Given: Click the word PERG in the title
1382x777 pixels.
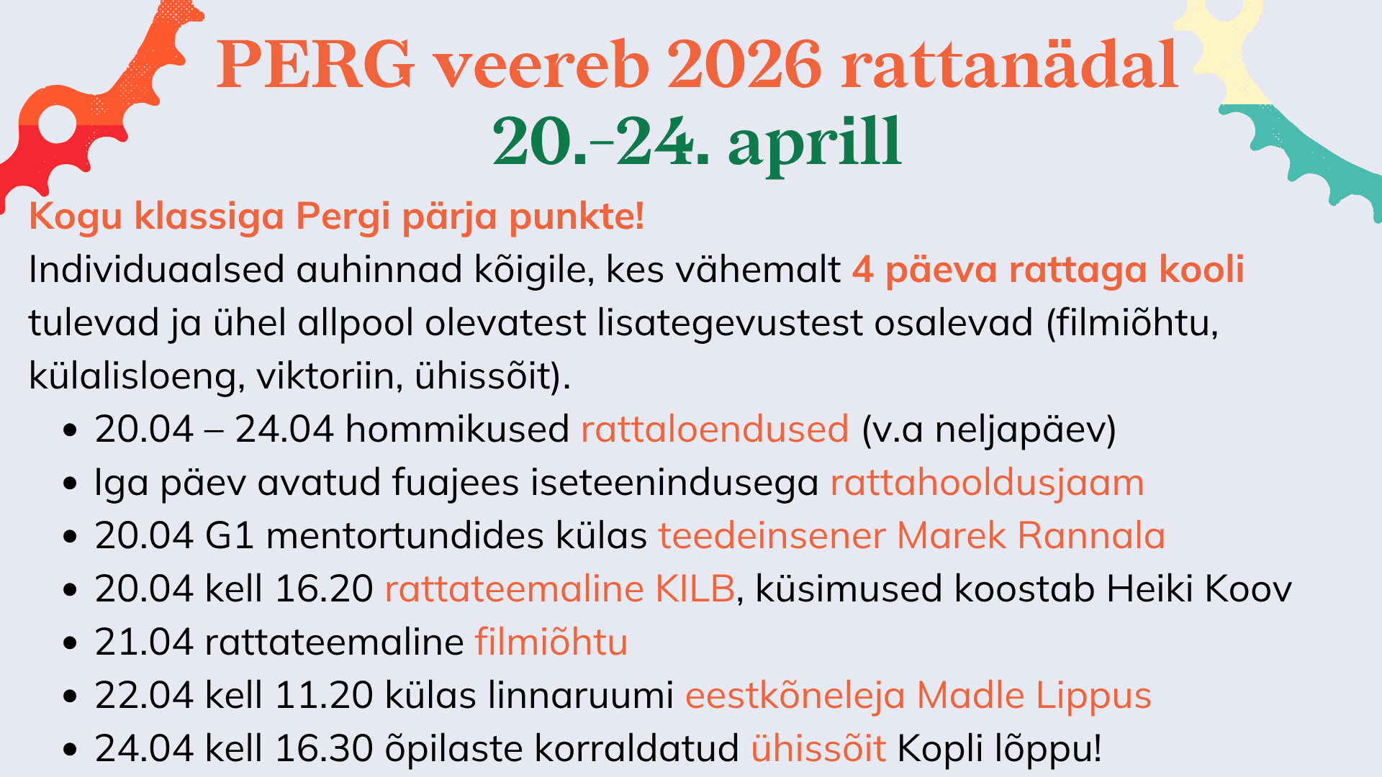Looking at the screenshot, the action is click(x=316, y=65).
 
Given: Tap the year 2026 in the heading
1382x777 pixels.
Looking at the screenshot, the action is click(x=744, y=65).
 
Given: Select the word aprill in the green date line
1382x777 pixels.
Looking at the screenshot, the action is click(x=814, y=142).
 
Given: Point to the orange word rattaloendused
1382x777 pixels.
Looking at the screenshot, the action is click(x=715, y=430).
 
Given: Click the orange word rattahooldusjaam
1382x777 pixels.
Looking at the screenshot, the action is click(x=987, y=483).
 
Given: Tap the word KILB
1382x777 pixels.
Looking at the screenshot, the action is click(x=695, y=589).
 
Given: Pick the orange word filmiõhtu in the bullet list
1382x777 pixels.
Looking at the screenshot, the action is click(x=551, y=642).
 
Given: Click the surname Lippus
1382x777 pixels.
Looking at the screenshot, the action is click(x=1093, y=696).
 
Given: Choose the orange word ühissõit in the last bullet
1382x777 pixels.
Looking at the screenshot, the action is click(x=818, y=748).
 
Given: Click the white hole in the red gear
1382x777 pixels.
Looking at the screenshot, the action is click(x=58, y=126).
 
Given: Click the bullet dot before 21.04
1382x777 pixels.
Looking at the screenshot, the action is click(x=70, y=642).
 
